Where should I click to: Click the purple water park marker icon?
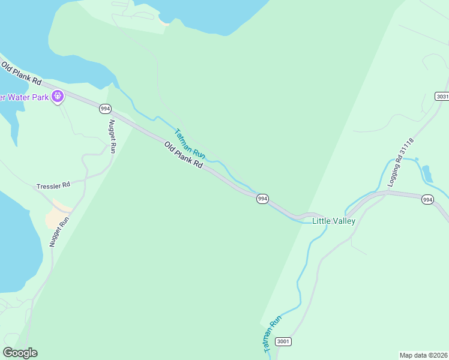tap(58, 96)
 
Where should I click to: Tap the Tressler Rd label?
tap(53, 185)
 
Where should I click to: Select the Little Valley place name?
tap(334, 221)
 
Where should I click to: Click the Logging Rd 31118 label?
tap(400, 162)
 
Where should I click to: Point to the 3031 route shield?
tap(442, 97)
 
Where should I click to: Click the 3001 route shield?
tap(283, 341)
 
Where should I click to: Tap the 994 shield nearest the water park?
tap(106, 109)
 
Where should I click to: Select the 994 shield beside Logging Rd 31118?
tap(427, 199)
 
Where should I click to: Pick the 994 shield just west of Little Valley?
tap(262, 199)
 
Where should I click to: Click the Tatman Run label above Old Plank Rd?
tap(190, 145)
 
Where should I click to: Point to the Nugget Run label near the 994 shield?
tap(112, 137)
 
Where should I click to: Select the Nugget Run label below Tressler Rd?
tap(59, 232)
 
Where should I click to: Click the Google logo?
tap(20, 353)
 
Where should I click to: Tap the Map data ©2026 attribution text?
tap(424, 355)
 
